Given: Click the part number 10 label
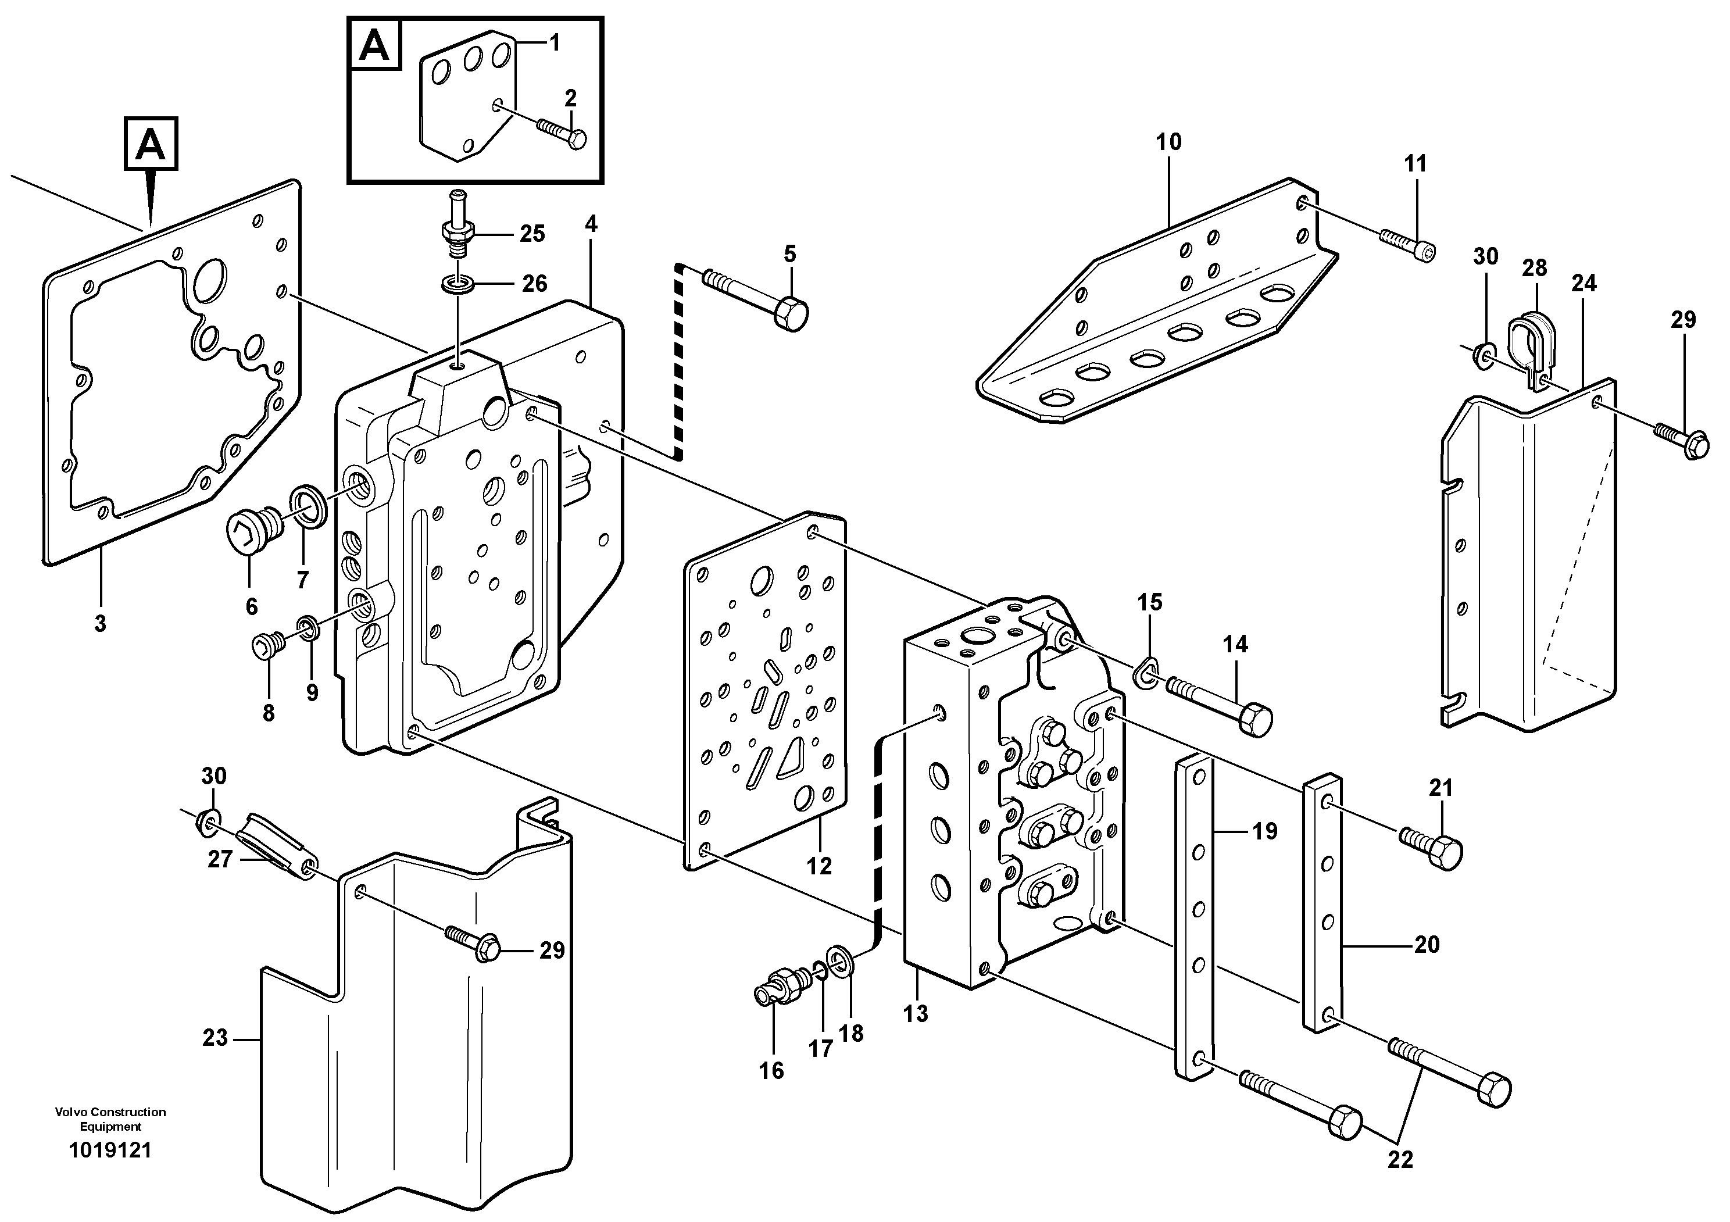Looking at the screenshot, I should pyautogui.click(x=1168, y=142).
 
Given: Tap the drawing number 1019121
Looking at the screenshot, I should pyautogui.click(x=110, y=1150).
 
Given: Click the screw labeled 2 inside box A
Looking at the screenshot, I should pyautogui.click(x=563, y=133).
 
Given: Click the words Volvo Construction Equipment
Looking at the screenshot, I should pyautogui.click(x=110, y=1119).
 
